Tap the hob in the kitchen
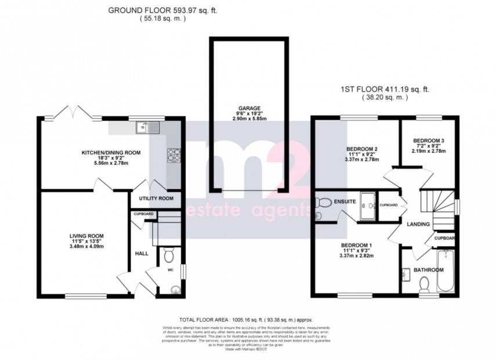(173, 154)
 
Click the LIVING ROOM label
(86, 236)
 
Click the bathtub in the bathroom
(446, 271)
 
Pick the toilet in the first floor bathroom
(423, 283)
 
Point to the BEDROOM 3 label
(428, 141)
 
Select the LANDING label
(418, 224)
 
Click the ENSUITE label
(345, 202)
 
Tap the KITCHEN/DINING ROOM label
(111, 153)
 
